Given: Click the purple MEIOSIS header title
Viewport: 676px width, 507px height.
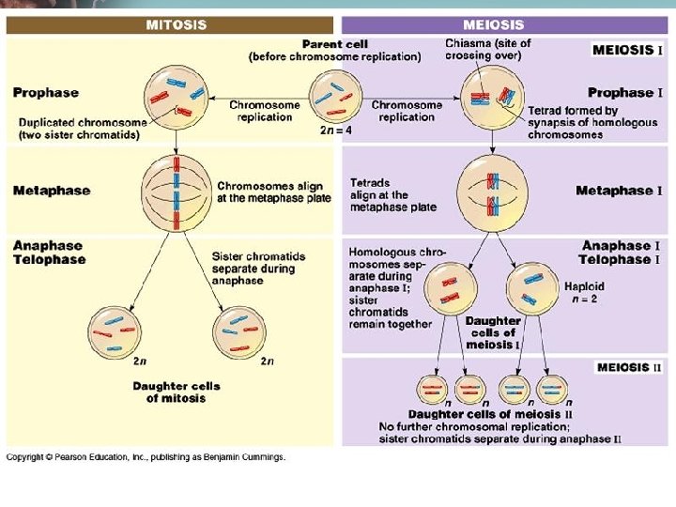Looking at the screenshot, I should point(494,24).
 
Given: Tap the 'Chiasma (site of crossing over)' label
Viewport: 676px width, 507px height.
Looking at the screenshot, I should point(487,49).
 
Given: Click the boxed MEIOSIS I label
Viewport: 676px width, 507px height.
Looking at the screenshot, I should point(628,50).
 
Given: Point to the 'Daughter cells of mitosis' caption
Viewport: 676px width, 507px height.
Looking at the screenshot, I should point(176,392).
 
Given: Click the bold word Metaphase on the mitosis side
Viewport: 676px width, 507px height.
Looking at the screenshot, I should point(52,191).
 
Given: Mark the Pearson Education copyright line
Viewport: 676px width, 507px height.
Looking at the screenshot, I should point(146,457).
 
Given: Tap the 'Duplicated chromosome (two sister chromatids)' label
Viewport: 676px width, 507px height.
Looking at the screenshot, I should point(83,129).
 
